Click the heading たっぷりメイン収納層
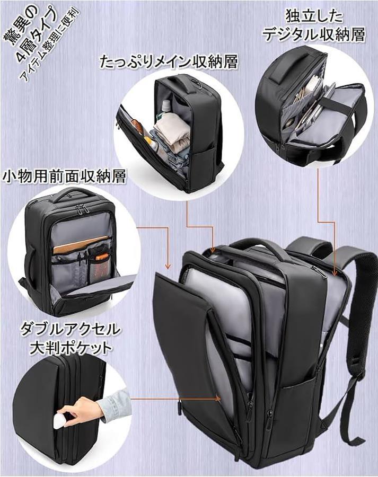pyautogui.click(x=169, y=62)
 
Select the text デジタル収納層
pyautogui.click(x=313, y=35)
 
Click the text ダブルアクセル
pyautogui.click(x=70, y=329)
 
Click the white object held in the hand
pyautogui.click(x=60, y=419)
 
